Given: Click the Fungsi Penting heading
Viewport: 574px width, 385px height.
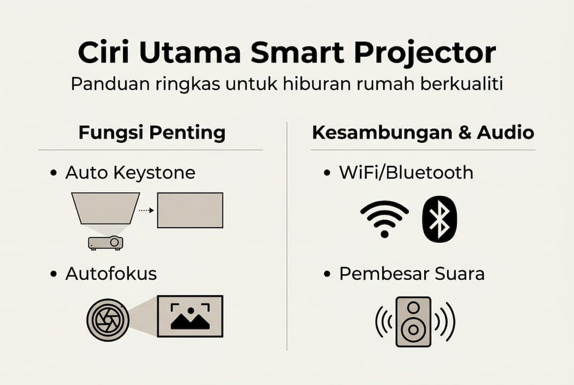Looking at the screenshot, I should pyautogui.click(x=152, y=133).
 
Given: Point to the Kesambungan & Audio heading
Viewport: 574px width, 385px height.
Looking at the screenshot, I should pyautogui.click(x=423, y=133).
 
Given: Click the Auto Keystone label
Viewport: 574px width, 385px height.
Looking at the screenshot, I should pyautogui.click(x=130, y=173).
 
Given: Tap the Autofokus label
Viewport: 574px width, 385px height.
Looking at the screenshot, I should pyautogui.click(x=111, y=274).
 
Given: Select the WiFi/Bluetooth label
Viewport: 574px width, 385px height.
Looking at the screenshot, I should pyautogui.click(x=406, y=173).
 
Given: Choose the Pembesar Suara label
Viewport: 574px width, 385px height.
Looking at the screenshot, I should pyautogui.click(x=411, y=274).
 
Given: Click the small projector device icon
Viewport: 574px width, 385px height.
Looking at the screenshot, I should pyautogui.click(x=106, y=243).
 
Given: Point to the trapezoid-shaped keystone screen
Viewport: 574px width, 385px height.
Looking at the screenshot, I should pyautogui.click(x=105, y=208).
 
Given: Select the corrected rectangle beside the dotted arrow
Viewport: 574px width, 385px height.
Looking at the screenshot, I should pyautogui.click(x=190, y=210).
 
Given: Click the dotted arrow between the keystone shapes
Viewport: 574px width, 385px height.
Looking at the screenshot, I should pyautogui.click(x=146, y=210).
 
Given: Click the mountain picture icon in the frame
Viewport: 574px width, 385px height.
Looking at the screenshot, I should pyautogui.click(x=190, y=316).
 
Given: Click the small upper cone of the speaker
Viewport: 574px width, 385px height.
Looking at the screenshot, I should pyautogui.click(x=414, y=307).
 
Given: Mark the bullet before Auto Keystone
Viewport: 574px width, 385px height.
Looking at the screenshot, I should pyautogui.click(x=53, y=173).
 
